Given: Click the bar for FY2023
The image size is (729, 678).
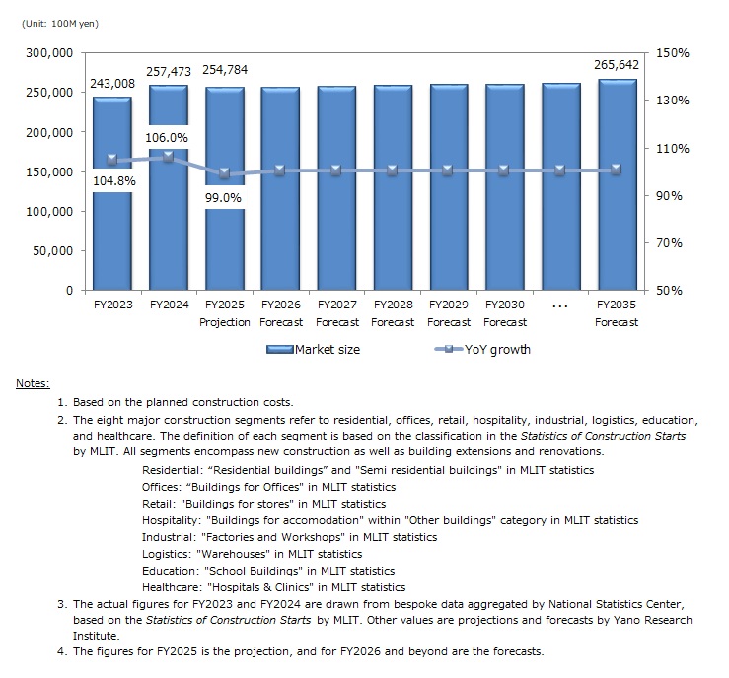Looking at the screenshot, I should click(111, 237).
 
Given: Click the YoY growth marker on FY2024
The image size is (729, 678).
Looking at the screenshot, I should click(169, 156).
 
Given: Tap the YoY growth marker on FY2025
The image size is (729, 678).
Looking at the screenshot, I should click(225, 173).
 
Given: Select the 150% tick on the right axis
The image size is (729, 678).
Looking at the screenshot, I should click(672, 52).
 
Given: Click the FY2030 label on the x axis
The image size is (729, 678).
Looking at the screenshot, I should click(505, 305).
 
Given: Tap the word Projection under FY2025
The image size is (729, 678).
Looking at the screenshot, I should click(225, 322).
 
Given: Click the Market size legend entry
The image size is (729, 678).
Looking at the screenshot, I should click(315, 349).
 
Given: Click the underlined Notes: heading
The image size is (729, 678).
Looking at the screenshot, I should click(33, 383).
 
